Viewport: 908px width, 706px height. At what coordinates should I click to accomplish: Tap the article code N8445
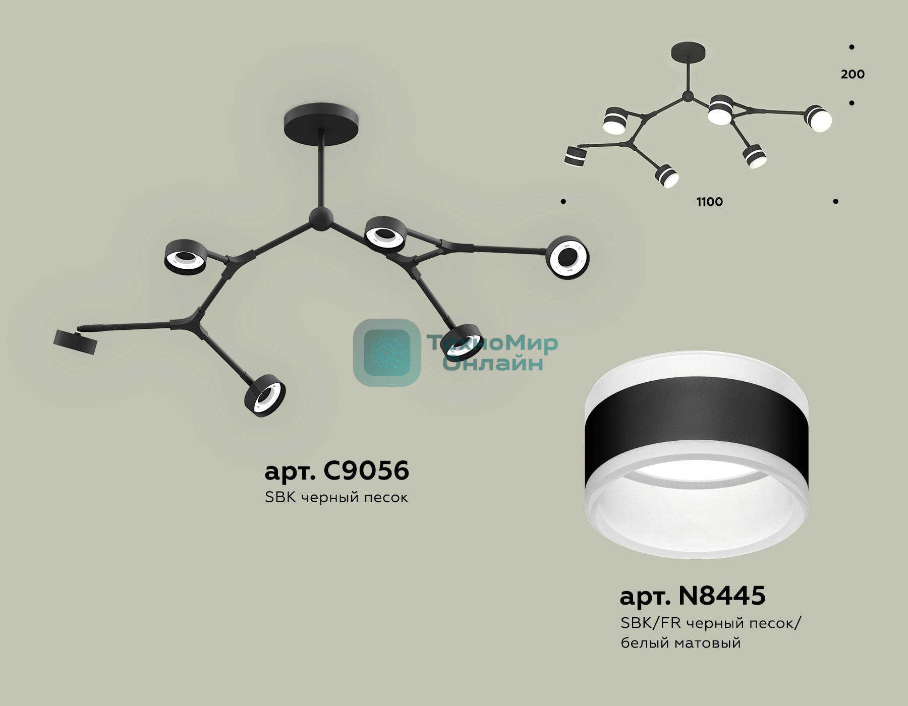click(x=722, y=596)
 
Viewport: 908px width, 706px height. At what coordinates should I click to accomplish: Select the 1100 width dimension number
click(x=710, y=202)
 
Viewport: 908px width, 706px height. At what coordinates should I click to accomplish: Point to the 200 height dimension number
click(x=853, y=74)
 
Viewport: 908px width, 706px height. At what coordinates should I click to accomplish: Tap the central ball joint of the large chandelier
click(x=321, y=218)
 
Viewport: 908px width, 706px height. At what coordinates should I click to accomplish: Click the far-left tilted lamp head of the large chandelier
click(x=75, y=341)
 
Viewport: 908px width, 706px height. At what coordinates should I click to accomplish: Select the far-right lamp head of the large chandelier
click(x=569, y=257)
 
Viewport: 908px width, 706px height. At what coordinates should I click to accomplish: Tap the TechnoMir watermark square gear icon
click(x=387, y=352)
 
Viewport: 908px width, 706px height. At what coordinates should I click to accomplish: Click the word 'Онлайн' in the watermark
click(x=492, y=363)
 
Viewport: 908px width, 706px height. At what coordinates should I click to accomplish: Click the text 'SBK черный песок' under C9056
click(x=336, y=497)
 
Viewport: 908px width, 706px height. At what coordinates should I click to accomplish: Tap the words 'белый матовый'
click(x=680, y=643)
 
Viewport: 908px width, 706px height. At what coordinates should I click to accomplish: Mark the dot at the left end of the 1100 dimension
click(x=563, y=202)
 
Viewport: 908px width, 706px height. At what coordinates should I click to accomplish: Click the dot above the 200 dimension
click(x=852, y=47)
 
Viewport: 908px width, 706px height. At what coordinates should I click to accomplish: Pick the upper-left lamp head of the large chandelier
click(x=185, y=257)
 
